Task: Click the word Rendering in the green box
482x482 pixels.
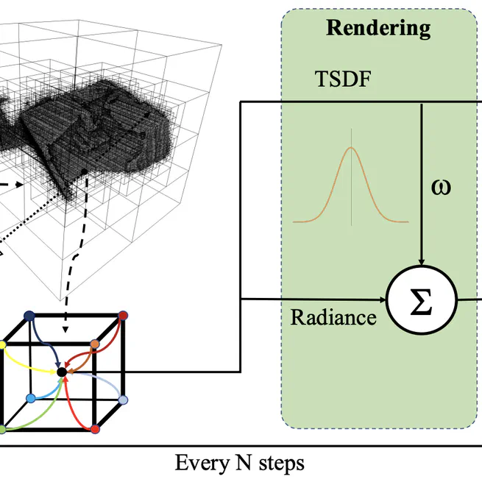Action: [378, 28]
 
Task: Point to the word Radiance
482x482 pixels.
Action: [333, 317]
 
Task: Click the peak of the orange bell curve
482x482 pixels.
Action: [350, 149]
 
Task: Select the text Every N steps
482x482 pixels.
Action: [239, 464]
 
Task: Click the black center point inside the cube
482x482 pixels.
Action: [62, 372]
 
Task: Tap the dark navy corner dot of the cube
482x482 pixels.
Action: [29, 316]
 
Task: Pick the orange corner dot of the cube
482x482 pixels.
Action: [94, 344]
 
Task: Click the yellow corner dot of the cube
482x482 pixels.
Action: [2, 344]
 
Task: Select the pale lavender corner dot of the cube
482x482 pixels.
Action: [124, 400]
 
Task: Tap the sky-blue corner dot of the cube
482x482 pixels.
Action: [30, 398]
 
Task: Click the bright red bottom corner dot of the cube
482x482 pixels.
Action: [94, 429]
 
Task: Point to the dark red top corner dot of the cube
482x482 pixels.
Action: [124, 316]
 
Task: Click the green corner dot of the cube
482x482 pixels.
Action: [2, 429]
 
